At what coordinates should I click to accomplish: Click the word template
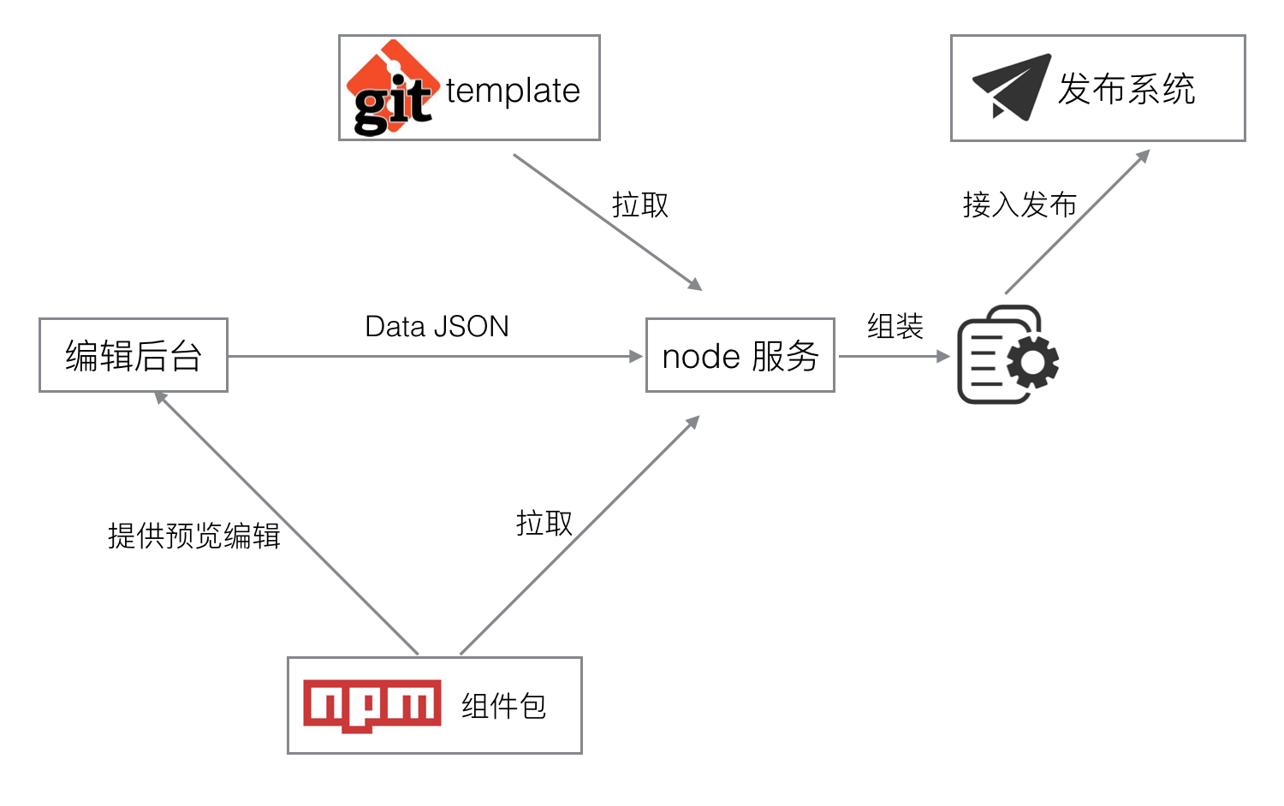click(x=513, y=91)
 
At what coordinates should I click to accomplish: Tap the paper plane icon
click(x=1011, y=86)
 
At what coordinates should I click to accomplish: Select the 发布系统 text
click(x=1126, y=89)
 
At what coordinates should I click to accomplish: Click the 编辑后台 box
click(x=134, y=355)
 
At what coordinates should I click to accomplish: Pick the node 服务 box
click(x=740, y=355)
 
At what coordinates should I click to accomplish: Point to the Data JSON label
click(x=437, y=326)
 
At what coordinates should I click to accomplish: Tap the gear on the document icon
click(x=1033, y=362)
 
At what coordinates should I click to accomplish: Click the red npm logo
click(x=372, y=705)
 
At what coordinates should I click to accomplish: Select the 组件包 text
click(x=503, y=706)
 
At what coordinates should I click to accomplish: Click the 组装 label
click(x=895, y=326)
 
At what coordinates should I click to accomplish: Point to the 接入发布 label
click(x=1019, y=205)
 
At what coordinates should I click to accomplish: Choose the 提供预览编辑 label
click(x=194, y=536)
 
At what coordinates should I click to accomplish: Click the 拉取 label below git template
click(x=640, y=205)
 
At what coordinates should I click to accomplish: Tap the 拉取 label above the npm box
click(x=544, y=523)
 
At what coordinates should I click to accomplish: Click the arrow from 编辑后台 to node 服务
click(x=437, y=356)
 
